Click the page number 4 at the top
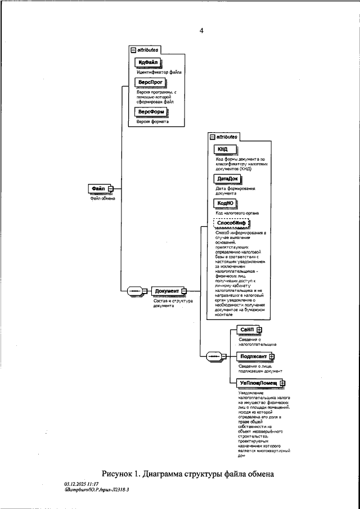[x=201, y=30]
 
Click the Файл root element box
[x=98, y=188]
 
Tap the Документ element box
[x=166, y=291]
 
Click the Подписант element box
[x=254, y=355]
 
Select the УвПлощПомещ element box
[x=258, y=383]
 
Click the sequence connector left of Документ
[x=136, y=291]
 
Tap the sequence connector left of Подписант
[x=214, y=356]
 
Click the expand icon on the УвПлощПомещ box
[x=282, y=383]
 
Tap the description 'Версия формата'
[x=152, y=121]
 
